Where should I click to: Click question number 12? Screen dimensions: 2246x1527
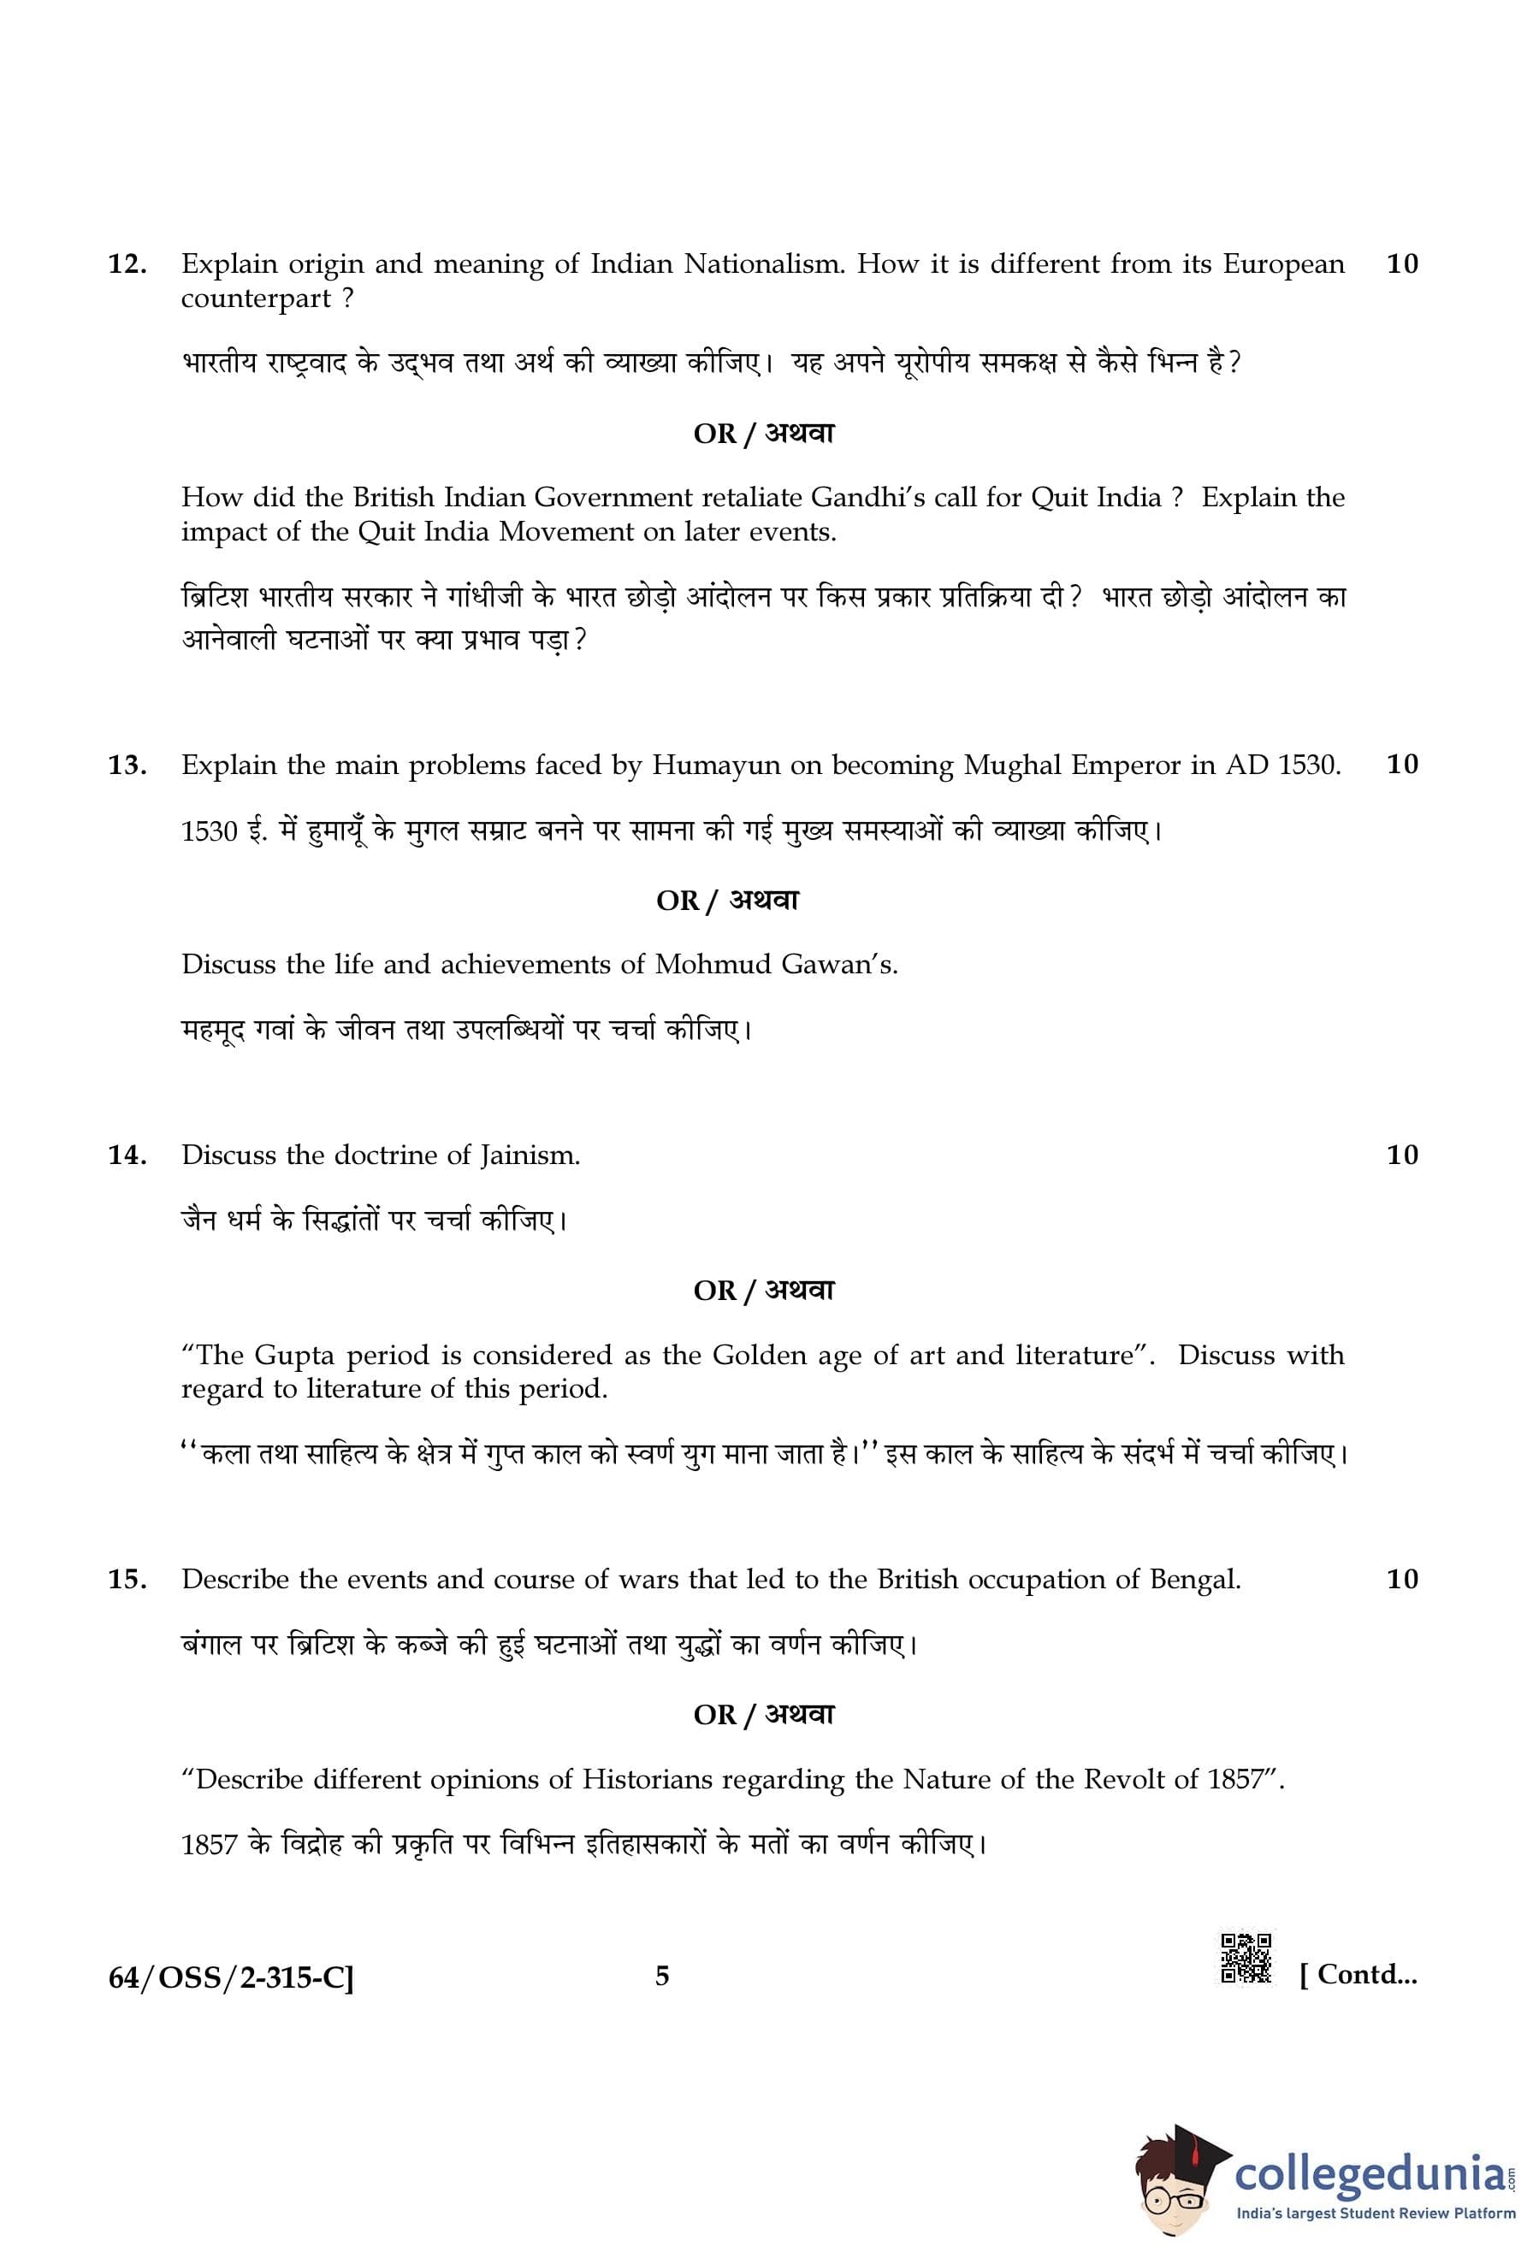click(127, 263)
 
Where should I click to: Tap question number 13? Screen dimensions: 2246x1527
click(127, 765)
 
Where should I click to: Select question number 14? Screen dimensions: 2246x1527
click(127, 1155)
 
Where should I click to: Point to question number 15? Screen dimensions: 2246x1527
click(127, 1579)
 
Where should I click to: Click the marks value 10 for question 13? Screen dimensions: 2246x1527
click(1401, 765)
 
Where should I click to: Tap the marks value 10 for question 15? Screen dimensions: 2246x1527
click(1401, 1578)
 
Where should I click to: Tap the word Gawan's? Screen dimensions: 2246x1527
click(848, 965)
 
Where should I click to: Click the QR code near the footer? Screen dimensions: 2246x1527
click(1246, 1958)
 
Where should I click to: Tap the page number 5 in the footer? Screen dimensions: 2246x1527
click(662, 1976)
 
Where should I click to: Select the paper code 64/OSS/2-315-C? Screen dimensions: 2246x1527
click(231, 1977)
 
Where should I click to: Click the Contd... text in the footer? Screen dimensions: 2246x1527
click(1358, 1974)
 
